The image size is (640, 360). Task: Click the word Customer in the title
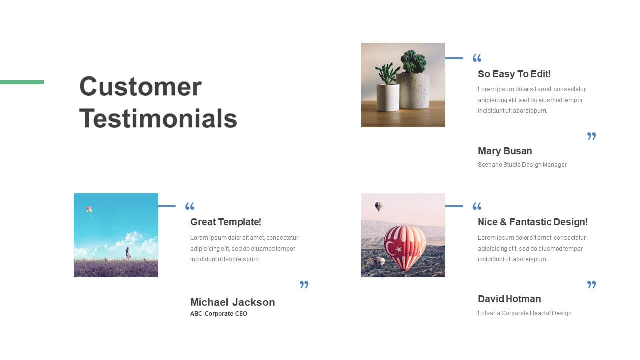pos(140,86)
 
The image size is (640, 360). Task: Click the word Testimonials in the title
pos(158,118)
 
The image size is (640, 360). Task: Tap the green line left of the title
pos(22,82)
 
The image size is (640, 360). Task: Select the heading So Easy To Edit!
pos(514,74)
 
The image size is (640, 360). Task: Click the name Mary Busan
pos(505,151)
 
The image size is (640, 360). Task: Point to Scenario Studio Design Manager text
pos(522,165)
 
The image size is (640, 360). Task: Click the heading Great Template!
pos(225,222)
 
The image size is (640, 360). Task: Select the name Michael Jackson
pos(233,302)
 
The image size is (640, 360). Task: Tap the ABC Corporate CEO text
pos(219,314)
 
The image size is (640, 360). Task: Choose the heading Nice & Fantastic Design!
pos(533,222)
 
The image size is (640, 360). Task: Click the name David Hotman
pos(509,299)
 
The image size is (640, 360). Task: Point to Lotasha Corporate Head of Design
pos(525,313)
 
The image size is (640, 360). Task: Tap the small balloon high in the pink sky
pos(379,206)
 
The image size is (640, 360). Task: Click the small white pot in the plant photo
pos(388,97)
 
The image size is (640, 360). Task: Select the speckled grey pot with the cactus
pos(413,91)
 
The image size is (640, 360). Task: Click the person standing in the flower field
pos(128,253)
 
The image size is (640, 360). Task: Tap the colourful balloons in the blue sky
pos(89,209)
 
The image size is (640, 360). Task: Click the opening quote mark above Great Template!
pos(190,206)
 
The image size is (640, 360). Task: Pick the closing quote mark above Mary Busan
pos(591,136)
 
